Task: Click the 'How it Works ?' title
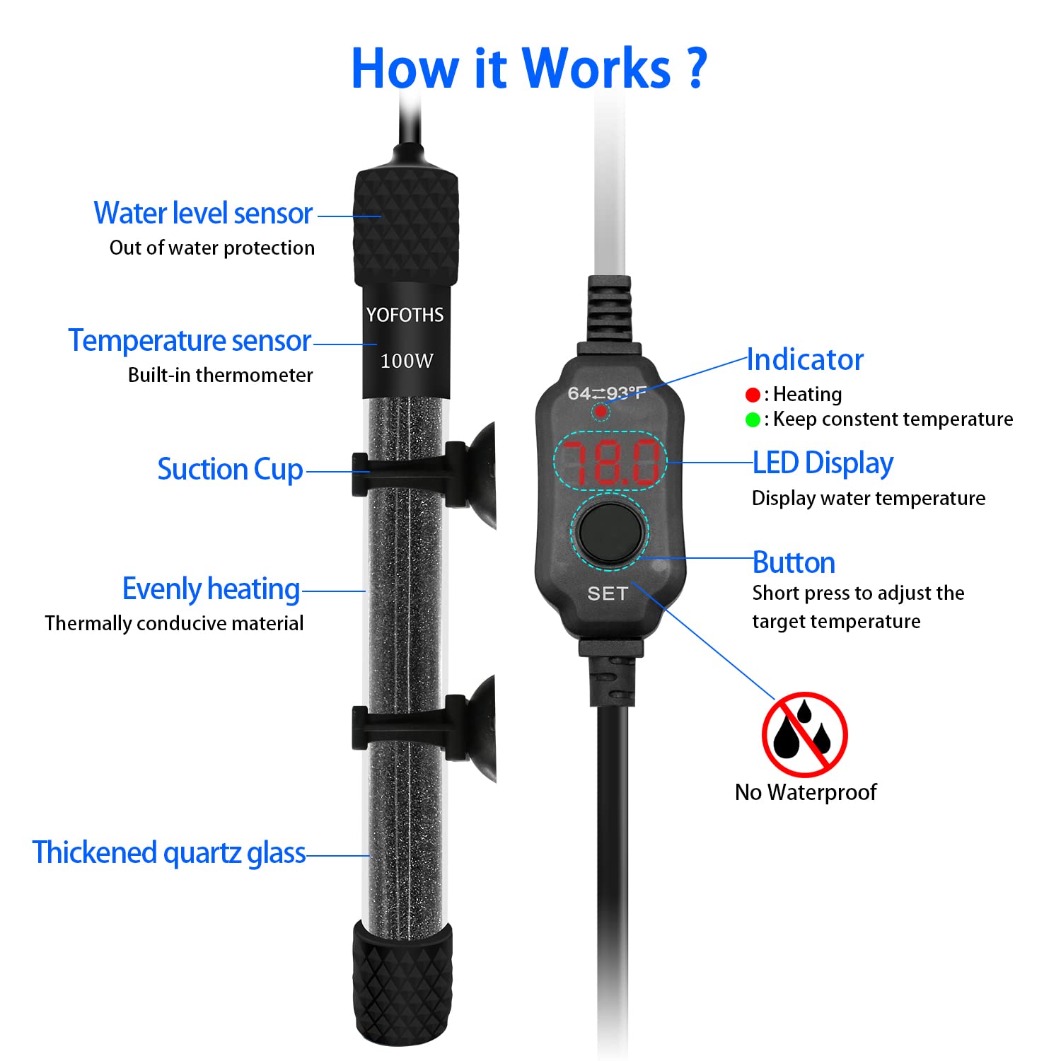pos(529,69)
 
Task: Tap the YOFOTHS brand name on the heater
pos(405,315)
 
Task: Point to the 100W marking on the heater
pos(406,361)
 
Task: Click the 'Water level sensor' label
pos(203,213)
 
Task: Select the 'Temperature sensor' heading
pos(190,340)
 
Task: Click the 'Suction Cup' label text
pos(230,470)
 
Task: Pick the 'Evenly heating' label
pos(211,589)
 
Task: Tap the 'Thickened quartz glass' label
pos(169,853)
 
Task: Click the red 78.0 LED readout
pos(609,462)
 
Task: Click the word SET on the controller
pos(608,593)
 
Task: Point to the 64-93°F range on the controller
pos(607,393)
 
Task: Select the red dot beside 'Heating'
pos(753,395)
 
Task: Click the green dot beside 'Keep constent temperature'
pos(753,420)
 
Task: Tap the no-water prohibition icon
pos(804,735)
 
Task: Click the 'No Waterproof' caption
pos(806,792)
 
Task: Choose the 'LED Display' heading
pos(823,463)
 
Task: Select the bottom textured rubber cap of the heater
pos(402,983)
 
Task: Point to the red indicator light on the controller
pos(600,411)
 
